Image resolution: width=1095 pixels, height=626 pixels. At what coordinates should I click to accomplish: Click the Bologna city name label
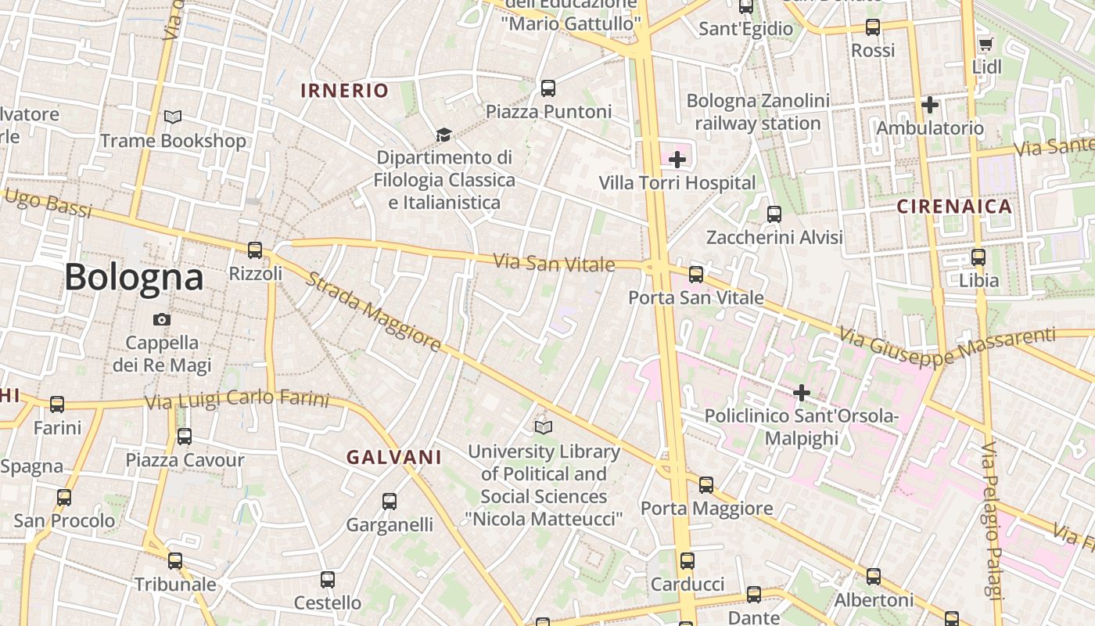tap(134, 277)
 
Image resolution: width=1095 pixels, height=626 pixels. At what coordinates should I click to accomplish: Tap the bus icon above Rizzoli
tap(255, 250)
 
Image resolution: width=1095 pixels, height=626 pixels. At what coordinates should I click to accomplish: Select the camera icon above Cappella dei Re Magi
tap(162, 319)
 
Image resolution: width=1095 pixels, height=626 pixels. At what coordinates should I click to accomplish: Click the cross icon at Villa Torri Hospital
tap(677, 160)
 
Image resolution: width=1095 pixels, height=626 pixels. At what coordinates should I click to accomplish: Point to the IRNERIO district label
tap(345, 91)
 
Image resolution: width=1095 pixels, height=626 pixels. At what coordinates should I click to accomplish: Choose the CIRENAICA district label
tap(954, 207)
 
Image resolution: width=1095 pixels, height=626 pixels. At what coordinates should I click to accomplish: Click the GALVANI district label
tap(394, 457)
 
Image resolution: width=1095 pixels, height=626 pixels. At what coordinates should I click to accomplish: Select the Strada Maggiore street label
tap(372, 311)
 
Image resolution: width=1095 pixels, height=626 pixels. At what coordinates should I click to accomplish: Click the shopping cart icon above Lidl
tap(985, 45)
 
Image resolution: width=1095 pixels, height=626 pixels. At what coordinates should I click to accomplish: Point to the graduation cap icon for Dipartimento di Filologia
tap(443, 135)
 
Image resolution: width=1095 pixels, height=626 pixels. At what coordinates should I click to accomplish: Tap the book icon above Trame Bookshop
tap(173, 117)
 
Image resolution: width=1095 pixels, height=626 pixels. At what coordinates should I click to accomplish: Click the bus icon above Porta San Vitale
tap(696, 274)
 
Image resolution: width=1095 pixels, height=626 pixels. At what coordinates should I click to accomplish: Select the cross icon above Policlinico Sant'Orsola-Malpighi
tap(802, 392)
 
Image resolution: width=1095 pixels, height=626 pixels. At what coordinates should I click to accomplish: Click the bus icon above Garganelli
tap(390, 501)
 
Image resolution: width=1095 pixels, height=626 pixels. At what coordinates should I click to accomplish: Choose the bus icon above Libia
tap(978, 257)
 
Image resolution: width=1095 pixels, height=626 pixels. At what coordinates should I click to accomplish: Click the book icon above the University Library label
tap(544, 427)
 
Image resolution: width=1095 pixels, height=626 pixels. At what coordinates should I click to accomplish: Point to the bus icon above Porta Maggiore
tap(706, 484)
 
